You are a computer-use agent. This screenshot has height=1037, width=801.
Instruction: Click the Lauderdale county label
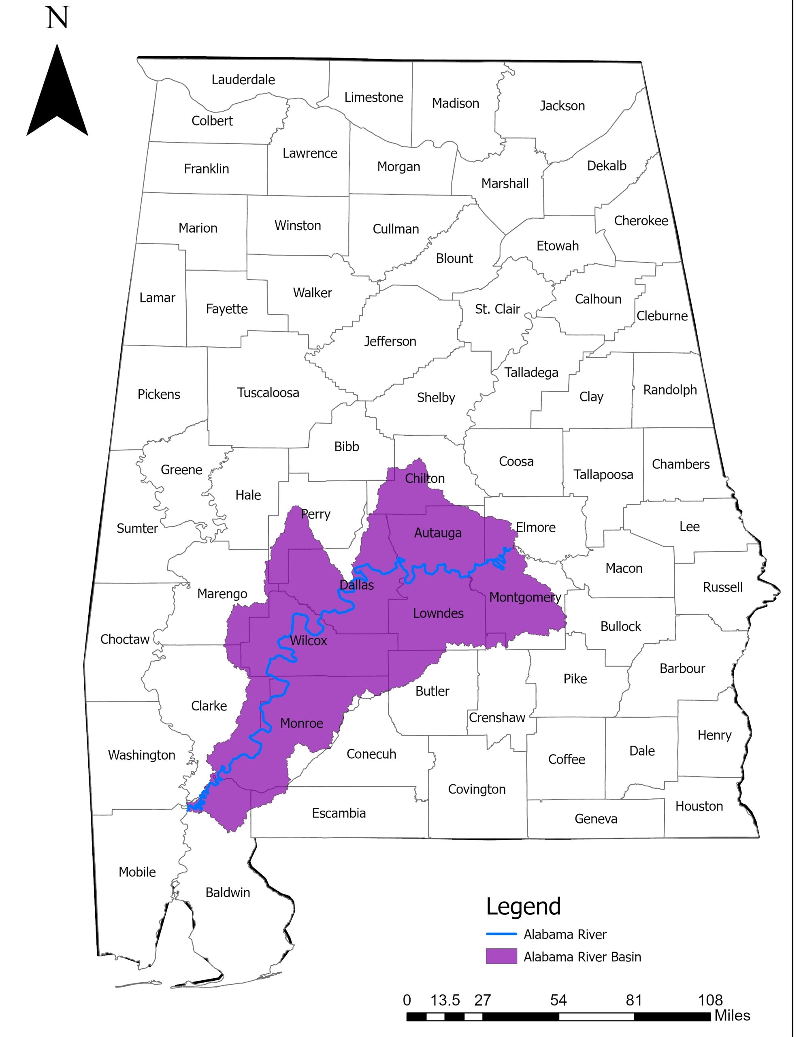click(243, 80)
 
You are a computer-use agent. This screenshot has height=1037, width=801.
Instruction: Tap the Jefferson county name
click(390, 341)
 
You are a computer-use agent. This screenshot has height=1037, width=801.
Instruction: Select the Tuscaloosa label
click(268, 393)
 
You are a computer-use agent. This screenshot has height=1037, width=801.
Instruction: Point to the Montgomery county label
click(525, 597)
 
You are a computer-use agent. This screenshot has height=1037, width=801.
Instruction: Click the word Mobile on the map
click(137, 872)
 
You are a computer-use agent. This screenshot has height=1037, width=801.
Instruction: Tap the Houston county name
click(699, 806)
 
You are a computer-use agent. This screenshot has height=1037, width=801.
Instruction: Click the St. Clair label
click(497, 309)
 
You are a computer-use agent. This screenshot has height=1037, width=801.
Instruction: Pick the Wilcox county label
click(309, 640)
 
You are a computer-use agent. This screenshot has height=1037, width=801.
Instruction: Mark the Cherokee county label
click(641, 221)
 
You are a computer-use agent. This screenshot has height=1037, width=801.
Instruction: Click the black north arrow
click(57, 95)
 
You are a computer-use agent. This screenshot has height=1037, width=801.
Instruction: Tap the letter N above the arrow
click(58, 18)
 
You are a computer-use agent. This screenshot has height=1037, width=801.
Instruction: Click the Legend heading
click(523, 907)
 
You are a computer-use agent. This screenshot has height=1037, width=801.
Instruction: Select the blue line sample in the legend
click(501, 934)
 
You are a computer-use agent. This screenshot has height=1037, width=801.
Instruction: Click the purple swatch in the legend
click(501, 956)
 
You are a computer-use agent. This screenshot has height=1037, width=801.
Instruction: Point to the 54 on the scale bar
click(558, 1001)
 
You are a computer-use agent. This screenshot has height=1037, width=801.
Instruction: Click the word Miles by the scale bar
click(732, 1016)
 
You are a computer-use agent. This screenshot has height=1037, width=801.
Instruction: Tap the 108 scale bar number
click(710, 1001)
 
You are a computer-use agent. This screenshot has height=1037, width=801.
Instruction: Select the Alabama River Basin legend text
click(582, 957)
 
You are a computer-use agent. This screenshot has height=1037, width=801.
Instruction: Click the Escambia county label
click(339, 813)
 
